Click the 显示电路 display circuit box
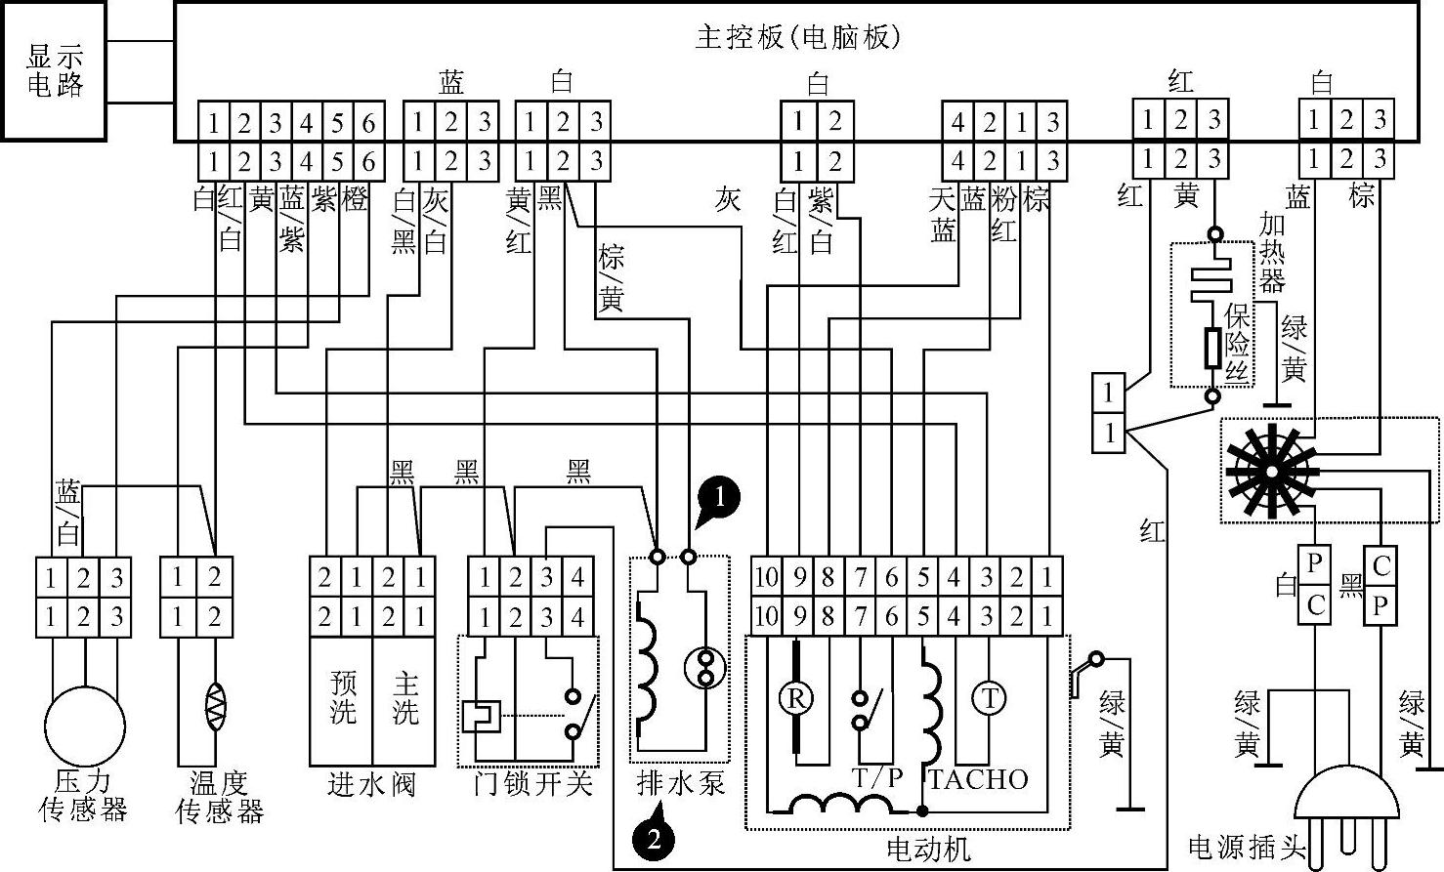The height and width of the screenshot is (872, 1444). [x=54, y=70]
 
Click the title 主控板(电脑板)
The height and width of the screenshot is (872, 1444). [x=797, y=37]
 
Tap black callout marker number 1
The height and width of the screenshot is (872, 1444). [x=720, y=497]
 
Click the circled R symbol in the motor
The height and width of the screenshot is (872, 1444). [x=796, y=698]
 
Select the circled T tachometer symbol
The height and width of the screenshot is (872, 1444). [x=990, y=698]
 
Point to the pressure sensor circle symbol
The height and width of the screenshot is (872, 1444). [x=84, y=727]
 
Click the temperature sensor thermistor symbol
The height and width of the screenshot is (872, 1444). [x=215, y=705]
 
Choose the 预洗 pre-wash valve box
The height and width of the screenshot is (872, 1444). [x=342, y=698]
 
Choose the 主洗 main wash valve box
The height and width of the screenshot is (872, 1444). [x=404, y=698]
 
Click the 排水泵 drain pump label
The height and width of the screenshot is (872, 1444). [x=681, y=782]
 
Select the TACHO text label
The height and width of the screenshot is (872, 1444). [x=978, y=779]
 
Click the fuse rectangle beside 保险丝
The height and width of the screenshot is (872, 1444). [x=1212, y=348]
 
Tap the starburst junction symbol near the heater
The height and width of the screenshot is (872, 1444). [x=1270, y=472]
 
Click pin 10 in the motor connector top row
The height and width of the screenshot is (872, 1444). [x=766, y=578]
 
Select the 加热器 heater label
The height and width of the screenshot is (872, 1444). [x=1271, y=253]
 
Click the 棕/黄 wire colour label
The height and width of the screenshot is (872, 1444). [x=611, y=279]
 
